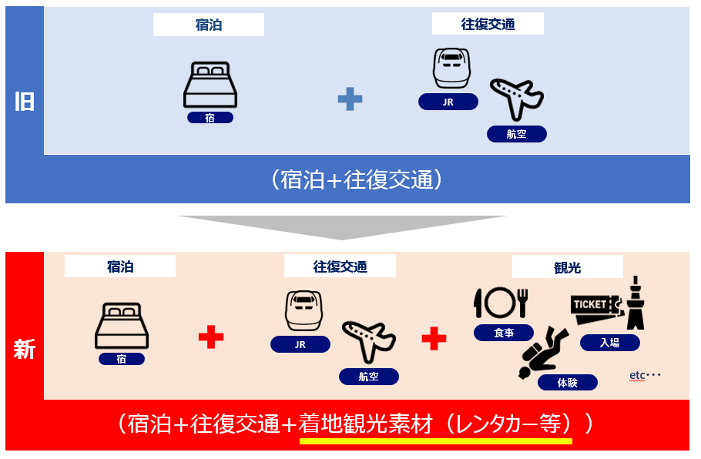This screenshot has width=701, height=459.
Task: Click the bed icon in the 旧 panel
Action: pyautogui.click(x=210, y=85)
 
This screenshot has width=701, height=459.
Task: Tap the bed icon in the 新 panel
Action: pyautogui.click(x=121, y=326)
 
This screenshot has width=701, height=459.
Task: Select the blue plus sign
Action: pyautogui.click(x=350, y=98)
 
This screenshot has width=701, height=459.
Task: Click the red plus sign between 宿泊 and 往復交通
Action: pyautogui.click(x=210, y=337)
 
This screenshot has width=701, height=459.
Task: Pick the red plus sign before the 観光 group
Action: pyautogui.click(x=434, y=337)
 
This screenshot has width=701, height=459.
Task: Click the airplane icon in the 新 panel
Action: pyautogui.click(x=368, y=341)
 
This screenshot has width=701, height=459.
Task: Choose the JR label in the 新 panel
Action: pyautogui.click(x=300, y=345)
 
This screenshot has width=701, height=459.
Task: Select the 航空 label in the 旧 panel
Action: pyautogui.click(x=516, y=134)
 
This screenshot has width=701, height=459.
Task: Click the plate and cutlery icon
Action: pyautogui.click(x=500, y=303)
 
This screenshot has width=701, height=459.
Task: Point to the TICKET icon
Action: pyautogui.click(x=595, y=306)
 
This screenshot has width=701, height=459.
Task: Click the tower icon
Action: pyautogui.click(x=636, y=303)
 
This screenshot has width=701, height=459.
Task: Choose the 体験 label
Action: pyautogui.click(x=567, y=382)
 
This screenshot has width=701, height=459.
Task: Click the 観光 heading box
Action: pyautogui.click(x=568, y=267)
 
